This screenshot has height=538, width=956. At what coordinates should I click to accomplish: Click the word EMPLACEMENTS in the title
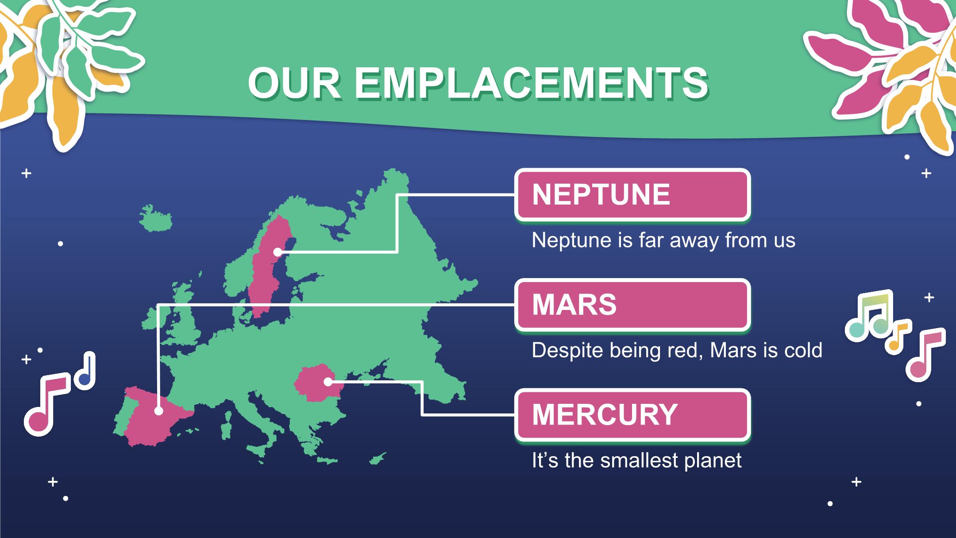coord(531,84)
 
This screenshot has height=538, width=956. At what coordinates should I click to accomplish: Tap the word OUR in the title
coord(295,84)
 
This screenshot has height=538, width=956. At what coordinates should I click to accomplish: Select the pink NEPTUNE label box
coord(632,194)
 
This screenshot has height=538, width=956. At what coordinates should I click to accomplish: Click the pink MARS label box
coord(632,305)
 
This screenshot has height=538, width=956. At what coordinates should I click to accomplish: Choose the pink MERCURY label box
coord(632,414)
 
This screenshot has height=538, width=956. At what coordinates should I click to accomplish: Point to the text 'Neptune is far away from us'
coord(663,240)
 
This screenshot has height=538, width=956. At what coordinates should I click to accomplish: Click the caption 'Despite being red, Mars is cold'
coord(677,351)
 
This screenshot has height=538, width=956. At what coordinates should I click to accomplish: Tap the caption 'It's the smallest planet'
coord(636,461)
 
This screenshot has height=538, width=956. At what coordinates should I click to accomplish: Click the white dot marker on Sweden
coord(278,252)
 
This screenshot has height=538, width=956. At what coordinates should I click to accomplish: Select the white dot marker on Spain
coord(158,411)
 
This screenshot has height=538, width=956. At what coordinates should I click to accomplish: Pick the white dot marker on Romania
coord(328,381)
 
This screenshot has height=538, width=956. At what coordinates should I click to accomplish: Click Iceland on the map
coord(155,218)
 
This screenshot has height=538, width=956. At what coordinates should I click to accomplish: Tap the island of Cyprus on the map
coord(378,459)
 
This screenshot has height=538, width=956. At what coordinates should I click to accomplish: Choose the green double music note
coord(868,315)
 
